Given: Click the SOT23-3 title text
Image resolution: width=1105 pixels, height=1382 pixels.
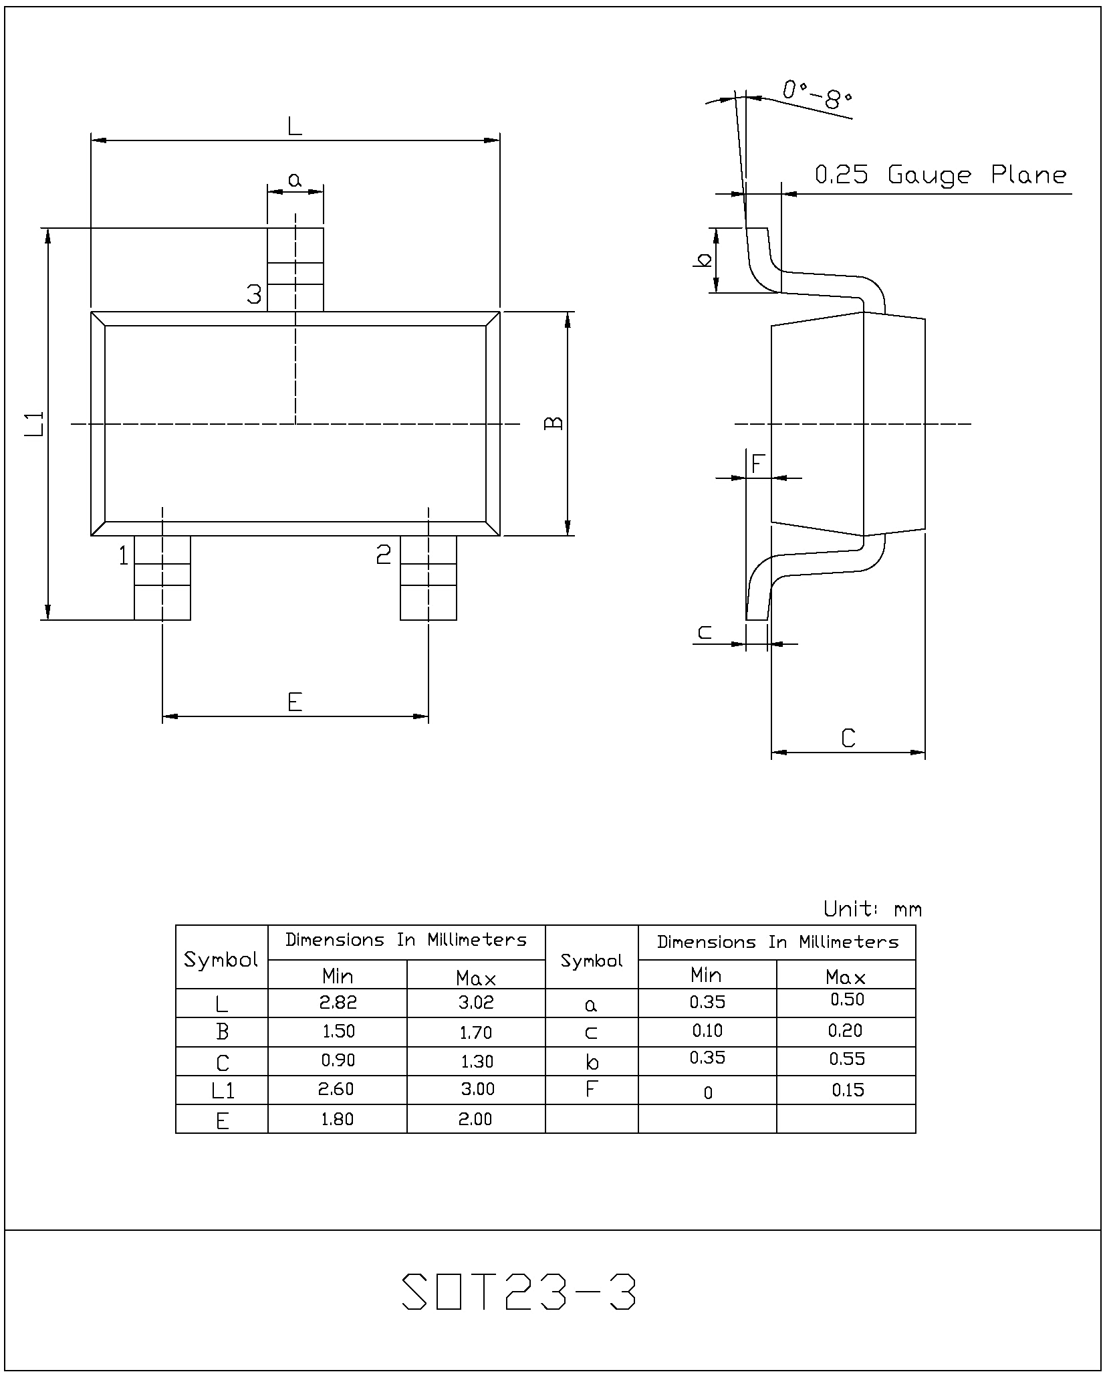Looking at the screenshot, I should [519, 1291].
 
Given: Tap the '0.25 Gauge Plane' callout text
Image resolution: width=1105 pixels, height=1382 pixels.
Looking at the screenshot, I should [941, 175].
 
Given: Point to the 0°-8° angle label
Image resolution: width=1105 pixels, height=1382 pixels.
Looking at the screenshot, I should [818, 94].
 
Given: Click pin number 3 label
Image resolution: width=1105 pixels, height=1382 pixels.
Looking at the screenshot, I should [254, 294].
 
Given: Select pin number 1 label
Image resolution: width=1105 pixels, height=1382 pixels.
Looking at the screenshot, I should [124, 555].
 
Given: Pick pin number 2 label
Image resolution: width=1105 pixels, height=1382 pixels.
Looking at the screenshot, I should [384, 554].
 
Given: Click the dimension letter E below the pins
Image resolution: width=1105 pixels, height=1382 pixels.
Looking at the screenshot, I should [295, 702].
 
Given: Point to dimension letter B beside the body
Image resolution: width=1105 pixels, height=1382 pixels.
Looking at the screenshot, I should [554, 423].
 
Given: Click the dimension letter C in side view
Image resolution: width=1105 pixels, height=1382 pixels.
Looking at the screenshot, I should [848, 738].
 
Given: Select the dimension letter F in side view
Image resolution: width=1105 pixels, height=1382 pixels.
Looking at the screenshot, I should [757, 464].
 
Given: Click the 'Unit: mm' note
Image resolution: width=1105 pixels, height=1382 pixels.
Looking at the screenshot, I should [872, 909].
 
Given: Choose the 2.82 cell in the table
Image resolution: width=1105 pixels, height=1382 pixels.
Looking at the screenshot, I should [338, 1002].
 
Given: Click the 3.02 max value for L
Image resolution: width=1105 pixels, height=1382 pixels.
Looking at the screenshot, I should [476, 1002].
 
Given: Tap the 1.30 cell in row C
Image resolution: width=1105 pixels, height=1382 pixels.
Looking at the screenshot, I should [476, 1061].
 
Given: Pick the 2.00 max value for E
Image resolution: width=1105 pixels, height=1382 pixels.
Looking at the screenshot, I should [475, 1118].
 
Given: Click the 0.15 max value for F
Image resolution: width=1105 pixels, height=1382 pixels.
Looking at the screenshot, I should [848, 1090].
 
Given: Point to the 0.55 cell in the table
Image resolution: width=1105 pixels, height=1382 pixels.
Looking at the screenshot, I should [847, 1059].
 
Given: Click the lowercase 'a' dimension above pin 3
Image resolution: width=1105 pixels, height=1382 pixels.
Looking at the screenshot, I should [295, 179].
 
